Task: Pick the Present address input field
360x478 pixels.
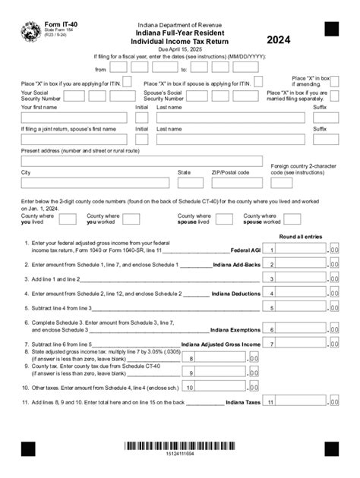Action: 141,161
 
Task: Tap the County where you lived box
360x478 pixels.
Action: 68,219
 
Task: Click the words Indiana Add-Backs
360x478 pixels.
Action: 237,265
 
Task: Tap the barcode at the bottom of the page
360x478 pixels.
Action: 180,446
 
